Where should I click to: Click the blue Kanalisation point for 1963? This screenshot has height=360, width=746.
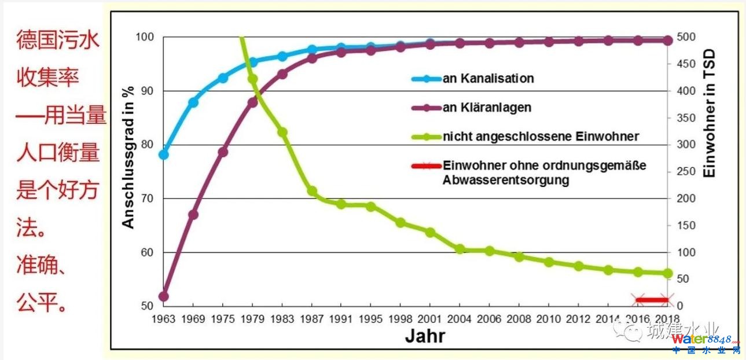(x=163, y=155)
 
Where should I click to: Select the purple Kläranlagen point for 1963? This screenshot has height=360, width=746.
(x=163, y=296)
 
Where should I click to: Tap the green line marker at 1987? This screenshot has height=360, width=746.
(x=312, y=191)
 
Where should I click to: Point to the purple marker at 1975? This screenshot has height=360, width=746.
(x=223, y=152)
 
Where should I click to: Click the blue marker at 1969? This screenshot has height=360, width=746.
(x=193, y=102)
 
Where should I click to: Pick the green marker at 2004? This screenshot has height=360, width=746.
(x=460, y=249)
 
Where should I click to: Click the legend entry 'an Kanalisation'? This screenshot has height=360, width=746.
(x=487, y=79)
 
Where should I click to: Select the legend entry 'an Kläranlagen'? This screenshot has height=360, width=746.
(x=486, y=108)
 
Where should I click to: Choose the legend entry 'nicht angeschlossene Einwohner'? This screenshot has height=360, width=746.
(x=541, y=137)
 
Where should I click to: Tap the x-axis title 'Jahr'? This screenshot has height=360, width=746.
(x=425, y=335)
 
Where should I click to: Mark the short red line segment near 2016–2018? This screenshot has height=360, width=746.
(x=652, y=300)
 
